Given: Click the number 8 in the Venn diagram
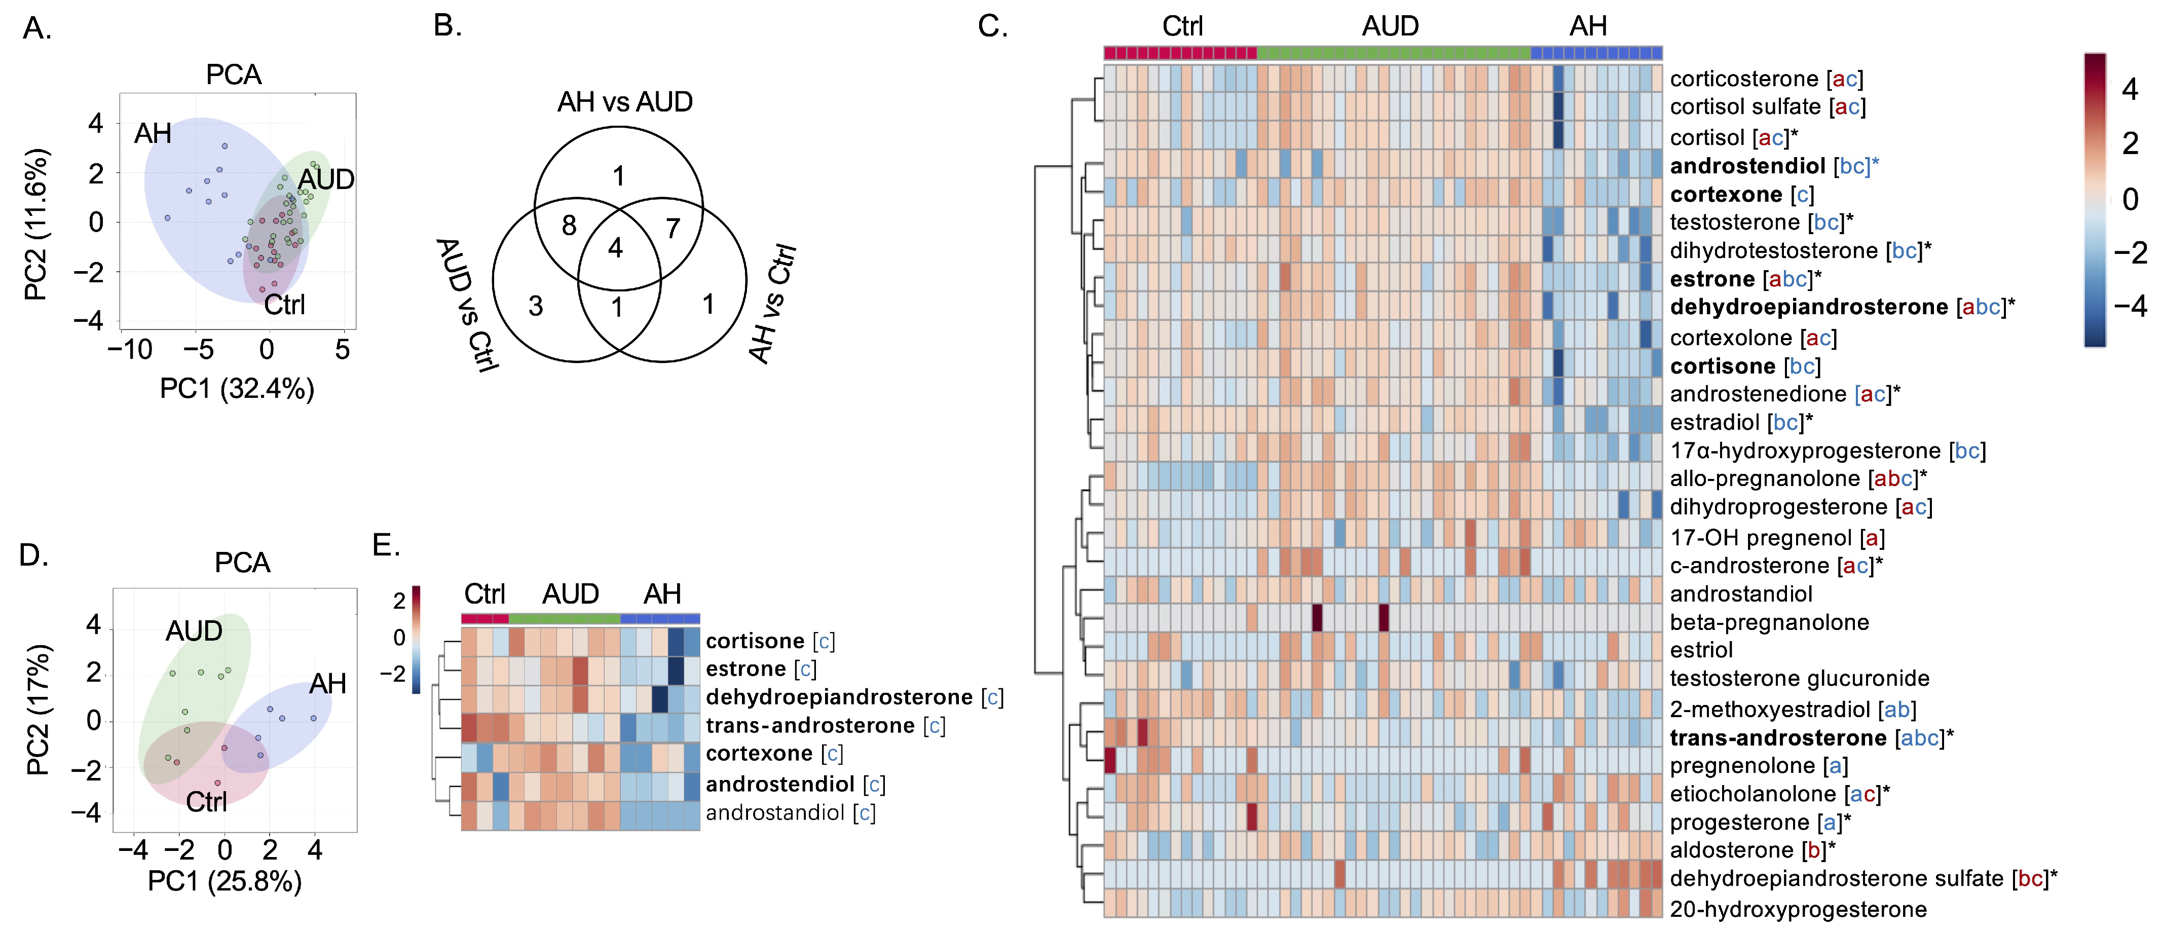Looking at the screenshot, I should click(x=569, y=225).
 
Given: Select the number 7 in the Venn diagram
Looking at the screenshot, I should click(x=673, y=228).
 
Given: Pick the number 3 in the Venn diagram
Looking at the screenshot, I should click(x=536, y=306).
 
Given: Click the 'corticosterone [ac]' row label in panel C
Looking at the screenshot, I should click(x=1766, y=79).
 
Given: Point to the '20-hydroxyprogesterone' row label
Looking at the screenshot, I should click(x=1798, y=909).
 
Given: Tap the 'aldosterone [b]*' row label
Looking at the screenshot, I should click(x=1751, y=850).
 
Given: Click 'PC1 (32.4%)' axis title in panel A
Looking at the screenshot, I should click(x=237, y=389).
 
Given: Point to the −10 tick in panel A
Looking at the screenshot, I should click(x=130, y=349).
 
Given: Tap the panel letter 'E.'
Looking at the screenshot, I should click(x=386, y=545).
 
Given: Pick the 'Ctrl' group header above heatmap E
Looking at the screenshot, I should click(x=484, y=594).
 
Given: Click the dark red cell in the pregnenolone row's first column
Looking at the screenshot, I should click(x=1109, y=760).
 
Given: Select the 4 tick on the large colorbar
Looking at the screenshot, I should click(x=2129, y=89).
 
